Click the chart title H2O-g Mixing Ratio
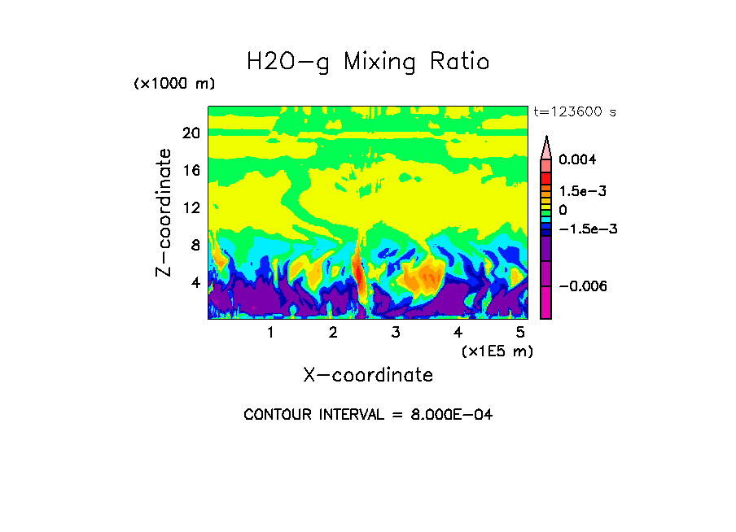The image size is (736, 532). (x=368, y=62)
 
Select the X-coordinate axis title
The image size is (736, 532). (x=368, y=375)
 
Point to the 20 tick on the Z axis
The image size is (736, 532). (x=191, y=133)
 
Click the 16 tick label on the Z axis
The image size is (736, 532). (x=191, y=171)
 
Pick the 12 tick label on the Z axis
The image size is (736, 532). (x=191, y=208)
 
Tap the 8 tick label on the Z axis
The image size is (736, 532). (x=195, y=246)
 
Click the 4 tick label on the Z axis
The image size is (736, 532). (x=195, y=283)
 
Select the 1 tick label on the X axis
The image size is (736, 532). (x=270, y=333)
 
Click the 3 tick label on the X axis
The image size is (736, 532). (x=396, y=333)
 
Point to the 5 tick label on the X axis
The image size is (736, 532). (x=520, y=333)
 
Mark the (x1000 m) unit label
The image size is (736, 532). (x=174, y=85)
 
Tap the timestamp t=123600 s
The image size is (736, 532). (x=574, y=111)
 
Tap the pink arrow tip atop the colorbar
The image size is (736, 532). (x=546, y=143)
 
